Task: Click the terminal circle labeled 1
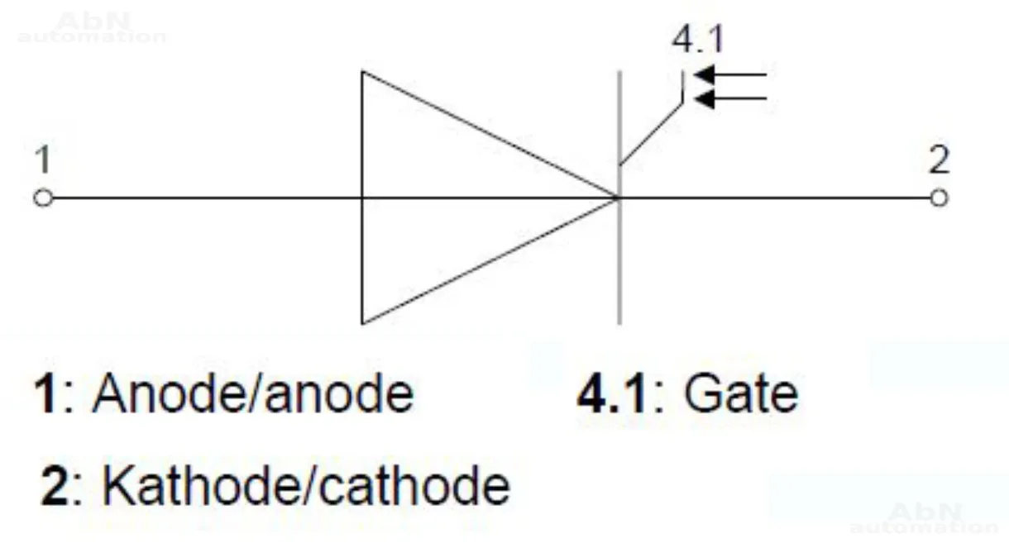[x=43, y=198]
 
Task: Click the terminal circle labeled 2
[x=938, y=198]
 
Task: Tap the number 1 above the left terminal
[x=42, y=160]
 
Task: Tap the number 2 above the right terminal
[x=939, y=160]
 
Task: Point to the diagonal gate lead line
[x=652, y=133]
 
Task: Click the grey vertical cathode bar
[x=619, y=264]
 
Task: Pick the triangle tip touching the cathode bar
[x=616, y=198]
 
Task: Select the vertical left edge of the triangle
[x=361, y=248]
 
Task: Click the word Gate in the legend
[x=739, y=393]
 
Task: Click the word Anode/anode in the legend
[x=252, y=393]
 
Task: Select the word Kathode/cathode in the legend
[x=305, y=485]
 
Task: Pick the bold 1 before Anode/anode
[x=45, y=394]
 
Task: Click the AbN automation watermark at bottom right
[x=925, y=518]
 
